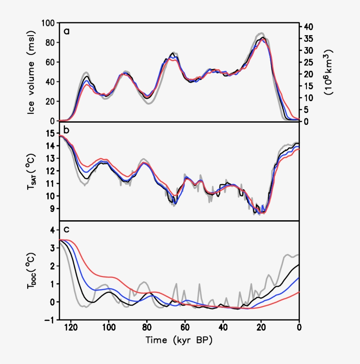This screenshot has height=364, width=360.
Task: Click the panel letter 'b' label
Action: [67, 130]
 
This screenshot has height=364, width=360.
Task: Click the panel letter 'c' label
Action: [67, 229]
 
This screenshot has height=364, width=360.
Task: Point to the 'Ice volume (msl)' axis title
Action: [31, 73]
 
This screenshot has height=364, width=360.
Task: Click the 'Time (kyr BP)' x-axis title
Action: [179, 340]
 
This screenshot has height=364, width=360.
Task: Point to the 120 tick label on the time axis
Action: [70, 328]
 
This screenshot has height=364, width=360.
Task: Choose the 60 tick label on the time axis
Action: [185, 328]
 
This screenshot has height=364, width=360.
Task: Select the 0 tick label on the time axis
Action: [299, 328]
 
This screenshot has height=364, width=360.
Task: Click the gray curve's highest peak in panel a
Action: [261, 33]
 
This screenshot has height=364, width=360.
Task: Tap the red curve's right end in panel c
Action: [299, 292]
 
